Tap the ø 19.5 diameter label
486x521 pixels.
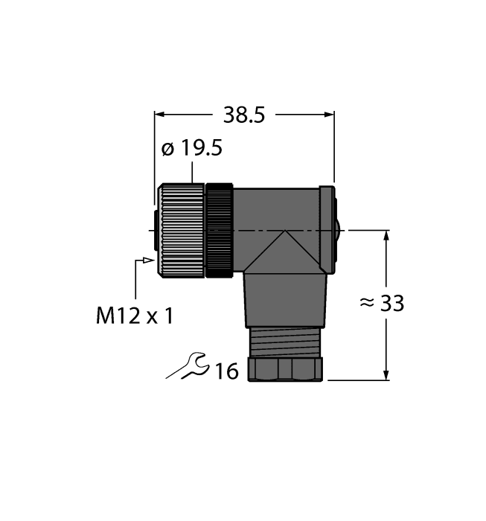click(x=192, y=149)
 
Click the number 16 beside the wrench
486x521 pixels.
click(x=226, y=371)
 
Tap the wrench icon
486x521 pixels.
click(x=188, y=366)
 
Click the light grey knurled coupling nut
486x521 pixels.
click(x=182, y=231)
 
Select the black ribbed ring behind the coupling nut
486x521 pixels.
click(x=220, y=231)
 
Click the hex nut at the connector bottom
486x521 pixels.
click(x=285, y=370)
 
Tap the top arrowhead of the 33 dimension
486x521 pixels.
click(x=386, y=237)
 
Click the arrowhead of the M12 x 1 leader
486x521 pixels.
click(x=150, y=260)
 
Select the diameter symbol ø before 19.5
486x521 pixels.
click(x=168, y=149)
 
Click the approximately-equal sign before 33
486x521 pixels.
click(x=366, y=304)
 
